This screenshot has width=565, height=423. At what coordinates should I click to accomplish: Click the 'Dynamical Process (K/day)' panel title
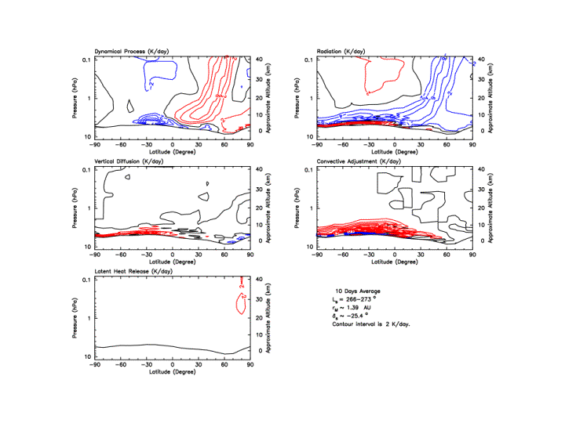(132, 52)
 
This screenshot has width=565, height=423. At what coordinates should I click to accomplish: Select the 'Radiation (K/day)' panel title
(341, 52)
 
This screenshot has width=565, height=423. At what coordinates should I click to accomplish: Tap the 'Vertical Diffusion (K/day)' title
(133, 162)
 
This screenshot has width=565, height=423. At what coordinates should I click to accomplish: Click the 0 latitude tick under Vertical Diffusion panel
(173, 254)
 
